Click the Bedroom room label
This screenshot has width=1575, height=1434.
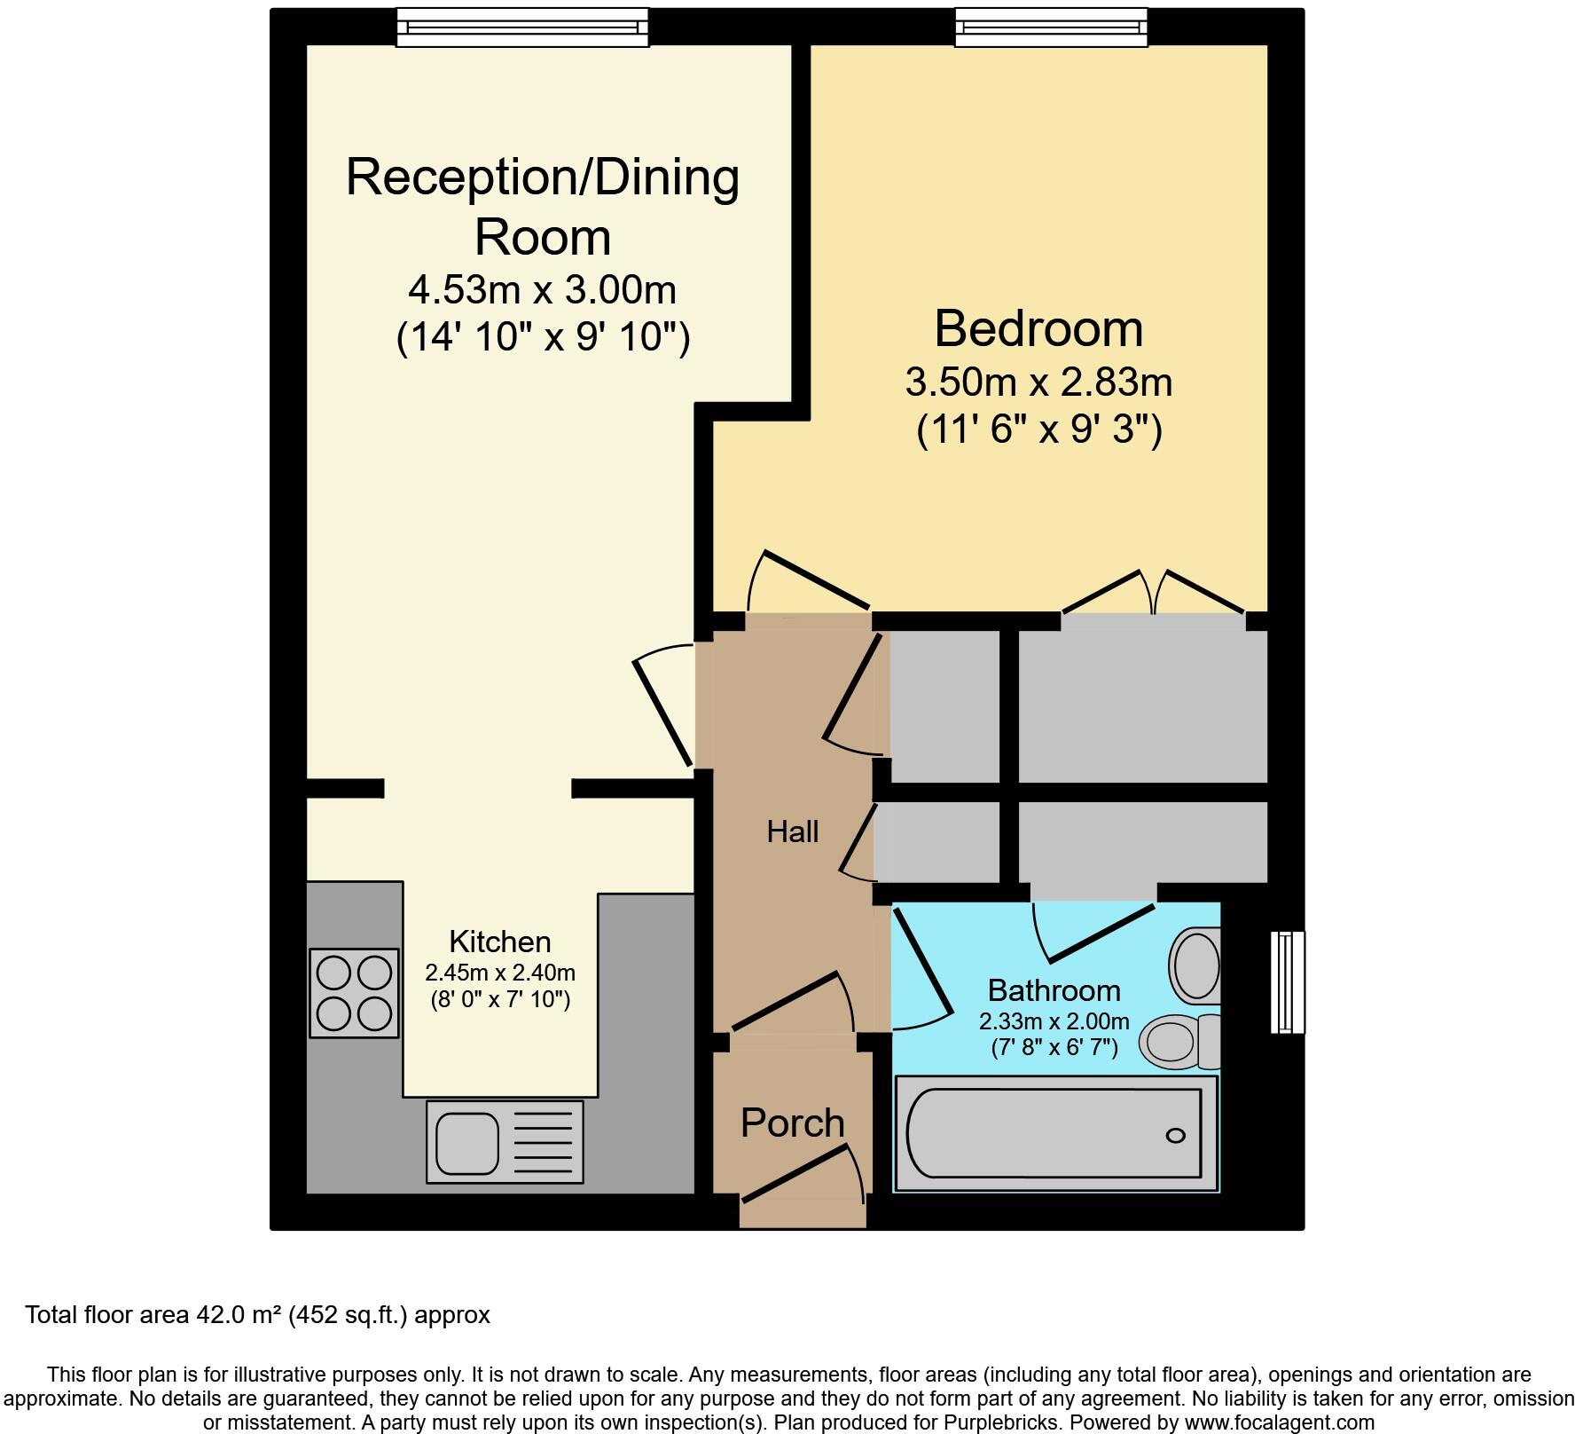pos(1038,329)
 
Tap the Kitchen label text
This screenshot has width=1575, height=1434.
pos(499,941)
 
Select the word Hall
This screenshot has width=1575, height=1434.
pos(792,831)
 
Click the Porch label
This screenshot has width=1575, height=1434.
pos(792,1123)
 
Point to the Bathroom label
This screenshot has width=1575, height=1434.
pos(1054,989)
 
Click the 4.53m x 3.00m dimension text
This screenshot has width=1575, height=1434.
pos(542,289)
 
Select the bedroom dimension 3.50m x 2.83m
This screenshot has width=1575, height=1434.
pos(1038,382)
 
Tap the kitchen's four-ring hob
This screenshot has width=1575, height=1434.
pos(354,992)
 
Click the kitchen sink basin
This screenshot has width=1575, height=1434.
pos(466,1141)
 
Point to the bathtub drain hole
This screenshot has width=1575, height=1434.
pos(1176,1136)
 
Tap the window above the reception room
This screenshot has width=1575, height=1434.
pos(521,27)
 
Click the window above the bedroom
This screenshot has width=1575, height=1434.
pos(1050,27)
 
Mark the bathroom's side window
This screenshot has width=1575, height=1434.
pos(1288,981)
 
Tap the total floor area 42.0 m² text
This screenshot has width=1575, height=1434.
pos(257,1315)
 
